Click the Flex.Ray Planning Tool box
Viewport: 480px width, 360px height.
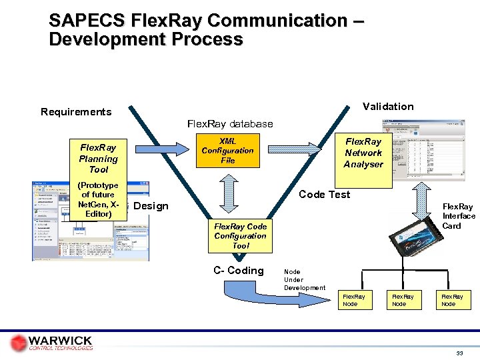[98, 159]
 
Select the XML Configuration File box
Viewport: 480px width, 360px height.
[227, 151]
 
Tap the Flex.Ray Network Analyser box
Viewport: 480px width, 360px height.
[363, 153]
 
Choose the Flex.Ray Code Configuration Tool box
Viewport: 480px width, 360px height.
[240, 236]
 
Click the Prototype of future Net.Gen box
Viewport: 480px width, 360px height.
[98, 200]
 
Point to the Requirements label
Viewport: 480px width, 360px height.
[76, 112]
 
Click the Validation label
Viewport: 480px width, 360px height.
[387, 107]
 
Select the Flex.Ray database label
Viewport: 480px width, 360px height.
[230, 124]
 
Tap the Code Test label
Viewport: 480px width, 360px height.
[324, 194]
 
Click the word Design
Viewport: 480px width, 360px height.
[151, 206]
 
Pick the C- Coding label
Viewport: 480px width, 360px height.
[238, 271]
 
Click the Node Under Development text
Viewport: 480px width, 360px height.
[304, 279]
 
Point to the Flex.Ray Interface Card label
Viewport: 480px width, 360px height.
[459, 216]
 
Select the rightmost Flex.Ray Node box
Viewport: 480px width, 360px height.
[452, 300]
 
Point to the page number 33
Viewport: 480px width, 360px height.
[459, 353]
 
